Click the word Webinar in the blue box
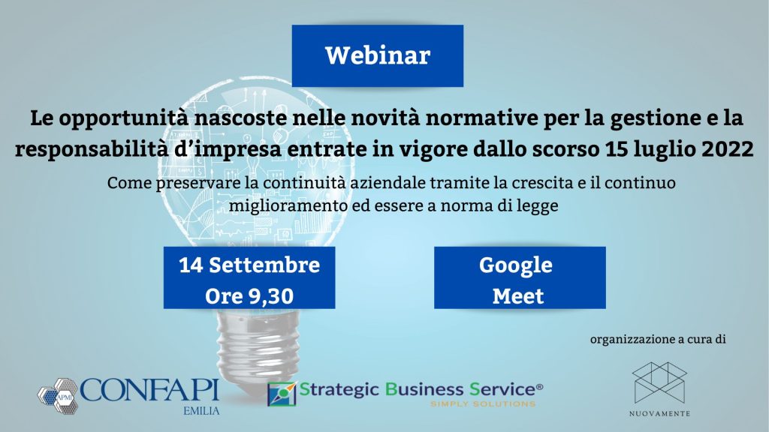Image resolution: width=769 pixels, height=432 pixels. pyautogui.click(x=378, y=55)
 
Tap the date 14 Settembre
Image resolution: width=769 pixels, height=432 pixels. pyautogui.click(x=249, y=265)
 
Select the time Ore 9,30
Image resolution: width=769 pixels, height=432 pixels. pyautogui.click(x=249, y=295)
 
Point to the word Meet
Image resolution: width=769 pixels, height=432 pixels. pyautogui.click(x=518, y=295)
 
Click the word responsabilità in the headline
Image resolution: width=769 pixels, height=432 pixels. pyautogui.click(x=92, y=149)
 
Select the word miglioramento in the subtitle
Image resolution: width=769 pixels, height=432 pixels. pyautogui.click(x=288, y=205)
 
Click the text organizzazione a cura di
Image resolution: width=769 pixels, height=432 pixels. pyautogui.click(x=658, y=339)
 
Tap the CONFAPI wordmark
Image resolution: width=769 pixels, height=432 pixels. pyautogui.click(x=149, y=390)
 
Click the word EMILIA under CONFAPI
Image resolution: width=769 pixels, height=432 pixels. pyautogui.click(x=201, y=411)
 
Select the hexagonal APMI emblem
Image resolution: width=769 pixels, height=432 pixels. pyautogui.click(x=58, y=396)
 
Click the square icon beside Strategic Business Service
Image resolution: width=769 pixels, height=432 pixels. pyautogui.click(x=282, y=394)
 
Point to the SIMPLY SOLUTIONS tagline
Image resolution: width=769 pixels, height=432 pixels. pyautogui.click(x=483, y=404)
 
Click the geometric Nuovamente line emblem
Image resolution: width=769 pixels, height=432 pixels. pyautogui.click(x=659, y=382)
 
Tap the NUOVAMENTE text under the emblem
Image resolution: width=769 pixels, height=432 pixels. pyautogui.click(x=659, y=414)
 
